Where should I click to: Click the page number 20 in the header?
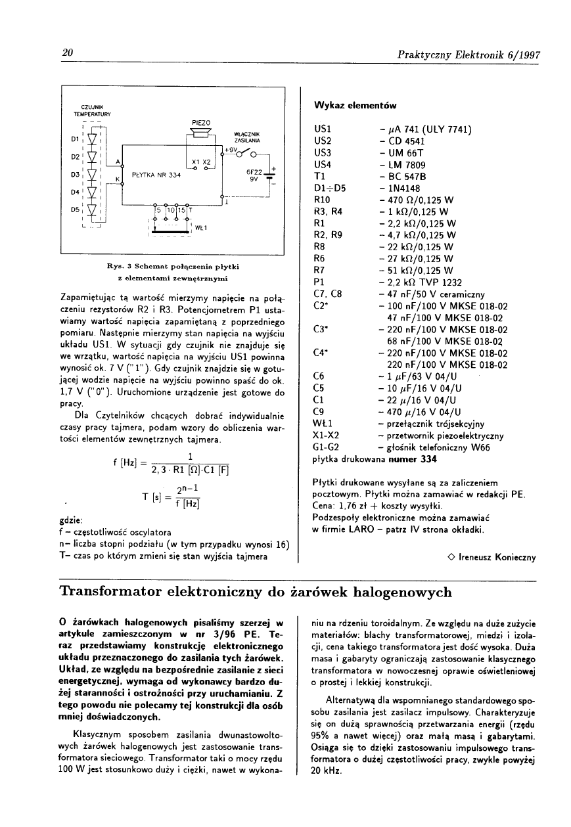[66, 53]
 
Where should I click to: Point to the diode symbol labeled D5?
[92, 211]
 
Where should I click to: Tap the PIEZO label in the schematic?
[200, 123]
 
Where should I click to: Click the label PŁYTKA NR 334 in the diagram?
[156, 175]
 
